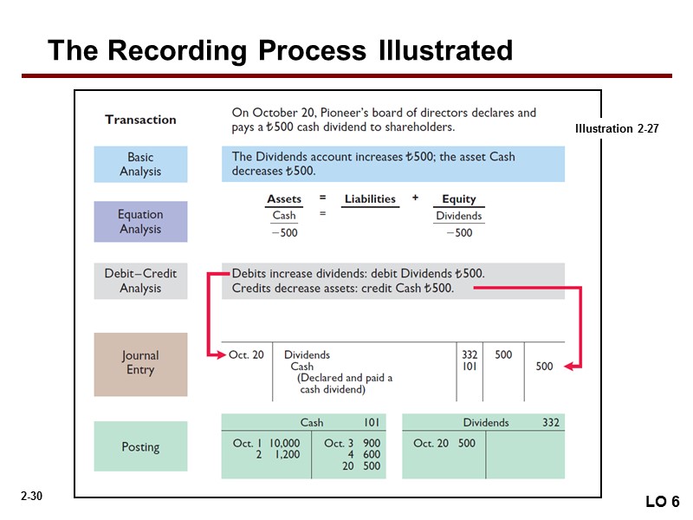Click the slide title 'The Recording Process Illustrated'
(x=280, y=50)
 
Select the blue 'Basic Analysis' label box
(x=140, y=164)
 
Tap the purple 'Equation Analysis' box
(x=140, y=221)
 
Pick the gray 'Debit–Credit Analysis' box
(x=140, y=280)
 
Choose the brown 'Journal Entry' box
(x=140, y=362)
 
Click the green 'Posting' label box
(x=140, y=447)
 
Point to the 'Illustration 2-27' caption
(x=617, y=128)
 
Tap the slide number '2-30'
(x=32, y=496)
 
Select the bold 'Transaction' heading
(x=140, y=120)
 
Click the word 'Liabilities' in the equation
(x=370, y=199)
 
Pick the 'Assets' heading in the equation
(x=284, y=199)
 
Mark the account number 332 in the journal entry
(x=470, y=354)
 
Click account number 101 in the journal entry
(x=470, y=367)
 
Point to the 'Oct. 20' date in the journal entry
(x=246, y=354)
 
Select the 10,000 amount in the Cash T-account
(x=284, y=443)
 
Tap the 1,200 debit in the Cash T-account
(x=287, y=454)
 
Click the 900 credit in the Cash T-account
(x=372, y=443)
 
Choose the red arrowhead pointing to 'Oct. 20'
(x=217, y=354)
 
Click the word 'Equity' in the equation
(x=459, y=199)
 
